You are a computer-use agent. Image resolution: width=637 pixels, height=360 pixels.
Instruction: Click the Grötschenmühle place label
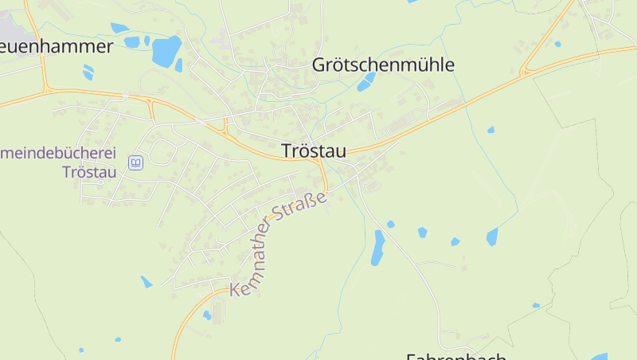coord(383,65)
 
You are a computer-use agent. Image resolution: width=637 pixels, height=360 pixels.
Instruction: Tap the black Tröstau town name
coord(314,151)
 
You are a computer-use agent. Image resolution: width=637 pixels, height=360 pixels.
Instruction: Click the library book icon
coord(135,163)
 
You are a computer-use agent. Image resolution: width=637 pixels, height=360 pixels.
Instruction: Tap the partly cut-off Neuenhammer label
coord(56,46)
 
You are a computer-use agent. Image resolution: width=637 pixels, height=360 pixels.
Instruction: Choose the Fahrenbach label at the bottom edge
coord(455,355)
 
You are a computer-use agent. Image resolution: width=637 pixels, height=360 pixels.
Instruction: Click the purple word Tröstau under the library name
coord(89,171)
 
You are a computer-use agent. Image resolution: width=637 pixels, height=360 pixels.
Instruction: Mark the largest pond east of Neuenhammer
coord(166,51)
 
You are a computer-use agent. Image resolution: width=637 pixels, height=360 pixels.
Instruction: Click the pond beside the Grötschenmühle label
coord(365,81)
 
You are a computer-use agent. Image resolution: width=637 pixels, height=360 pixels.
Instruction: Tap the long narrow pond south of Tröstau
coord(377,248)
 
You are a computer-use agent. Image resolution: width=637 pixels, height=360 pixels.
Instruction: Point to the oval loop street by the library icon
coord(162,151)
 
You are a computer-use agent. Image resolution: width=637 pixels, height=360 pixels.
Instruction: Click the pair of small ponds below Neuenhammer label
coord(88,72)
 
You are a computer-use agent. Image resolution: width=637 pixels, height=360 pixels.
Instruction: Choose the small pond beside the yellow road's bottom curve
coord(207,315)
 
